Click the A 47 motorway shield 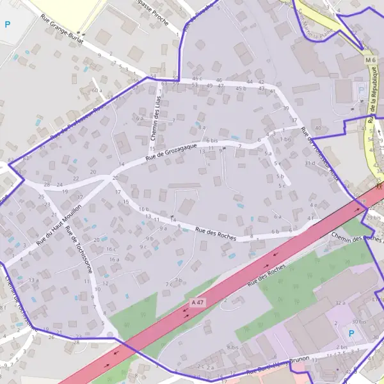[x=198, y=301]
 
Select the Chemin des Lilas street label [x=154, y=116]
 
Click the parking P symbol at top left [x=8, y=25]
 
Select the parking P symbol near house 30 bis [x=350, y=333]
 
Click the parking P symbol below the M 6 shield [x=362, y=90]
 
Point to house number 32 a [x=340, y=302]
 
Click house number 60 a [x=96, y=90]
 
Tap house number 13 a [x=33, y=280]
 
